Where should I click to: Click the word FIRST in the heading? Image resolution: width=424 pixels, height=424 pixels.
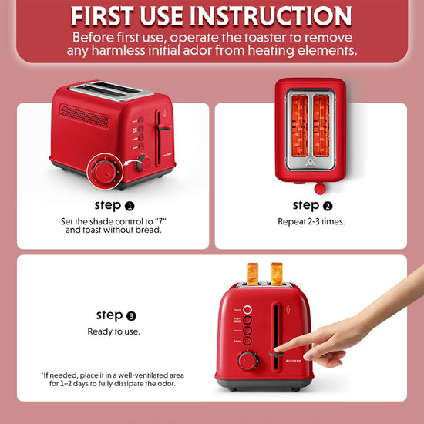pyautogui.click(x=102, y=16)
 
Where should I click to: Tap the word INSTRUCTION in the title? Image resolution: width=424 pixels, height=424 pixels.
pyautogui.click(x=271, y=16)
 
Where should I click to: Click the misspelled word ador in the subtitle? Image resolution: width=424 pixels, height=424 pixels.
pyautogui.click(x=197, y=50)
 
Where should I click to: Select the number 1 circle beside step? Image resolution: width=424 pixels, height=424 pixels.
pyautogui.click(x=130, y=207)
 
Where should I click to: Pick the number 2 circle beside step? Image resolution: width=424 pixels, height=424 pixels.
pyautogui.click(x=328, y=207)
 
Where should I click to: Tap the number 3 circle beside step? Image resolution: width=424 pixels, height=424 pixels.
pyautogui.click(x=131, y=316)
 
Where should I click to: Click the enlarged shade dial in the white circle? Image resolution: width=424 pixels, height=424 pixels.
pyautogui.click(x=105, y=172)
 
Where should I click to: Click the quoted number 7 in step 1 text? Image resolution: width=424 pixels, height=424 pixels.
pyautogui.click(x=160, y=221)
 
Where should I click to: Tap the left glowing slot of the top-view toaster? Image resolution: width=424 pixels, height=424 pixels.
pyautogui.click(x=300, y=126)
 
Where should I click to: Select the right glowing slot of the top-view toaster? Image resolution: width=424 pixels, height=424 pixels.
pyautogui.click(x=321, y=126)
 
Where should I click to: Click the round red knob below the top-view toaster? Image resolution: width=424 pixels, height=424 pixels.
pyautogui.click(x=320, y=188)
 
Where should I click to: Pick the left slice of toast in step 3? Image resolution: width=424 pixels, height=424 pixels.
pyautogui.click(x=253, y=274)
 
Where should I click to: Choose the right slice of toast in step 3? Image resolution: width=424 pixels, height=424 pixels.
pyautogui.click(x=278, y=274)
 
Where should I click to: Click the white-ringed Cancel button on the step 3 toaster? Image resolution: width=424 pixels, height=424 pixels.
pyautogui.click(x=247, y=310)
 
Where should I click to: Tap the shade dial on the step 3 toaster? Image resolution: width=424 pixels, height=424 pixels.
pyautogui.click(x=247, y=361)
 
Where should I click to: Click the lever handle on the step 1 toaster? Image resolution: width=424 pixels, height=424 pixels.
pyautogui.click(x=165, y=127)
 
